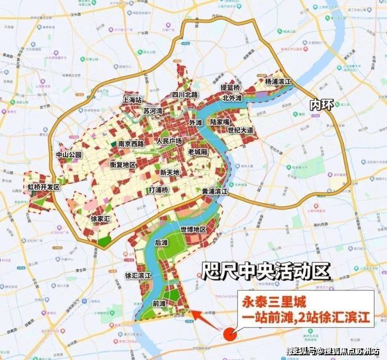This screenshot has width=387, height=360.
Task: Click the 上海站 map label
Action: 133,99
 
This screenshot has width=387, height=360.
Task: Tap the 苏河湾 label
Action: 153,111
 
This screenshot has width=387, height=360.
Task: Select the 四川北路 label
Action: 186,95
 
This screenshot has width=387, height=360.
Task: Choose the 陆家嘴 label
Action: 220,121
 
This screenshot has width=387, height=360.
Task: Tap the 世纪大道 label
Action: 241,130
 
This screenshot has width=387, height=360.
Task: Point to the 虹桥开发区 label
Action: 44,187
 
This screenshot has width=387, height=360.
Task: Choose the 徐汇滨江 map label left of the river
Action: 138,275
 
